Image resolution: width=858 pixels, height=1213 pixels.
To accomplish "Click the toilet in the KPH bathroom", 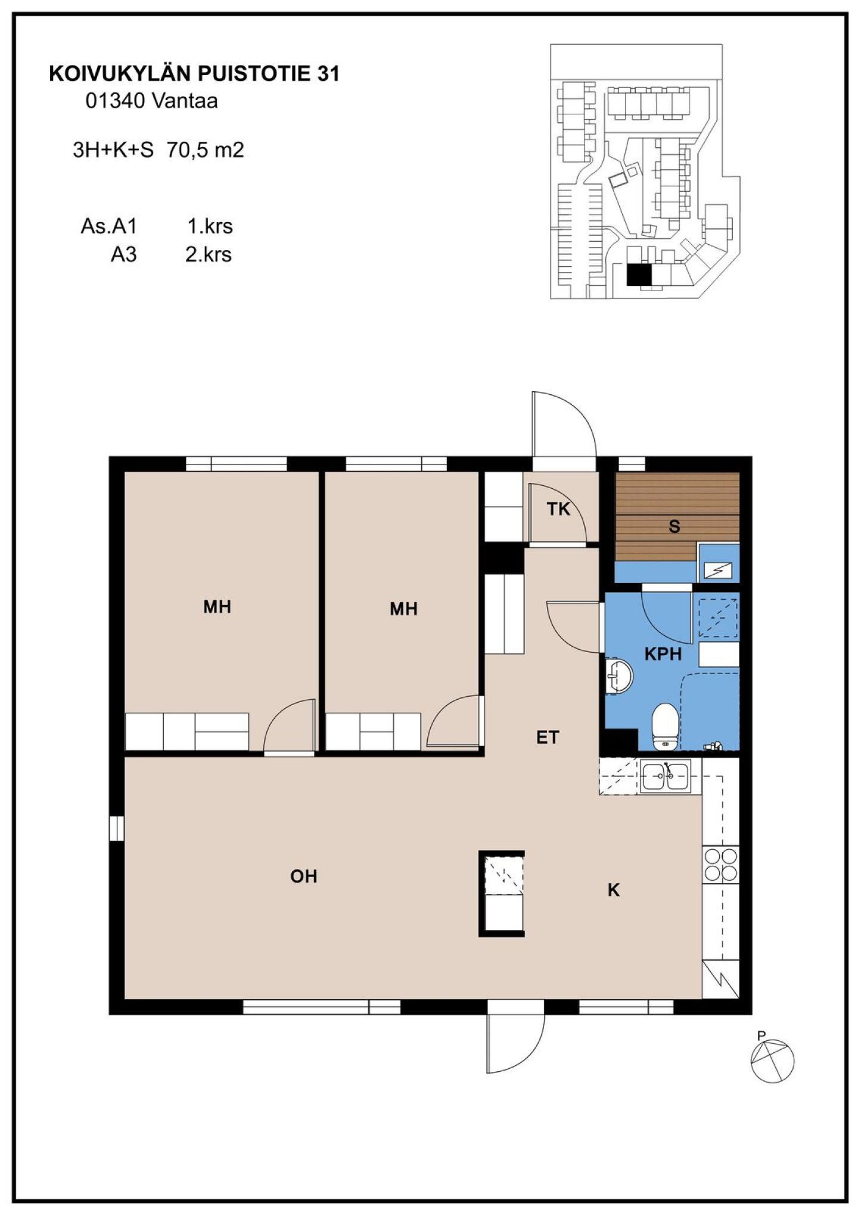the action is point(664,726).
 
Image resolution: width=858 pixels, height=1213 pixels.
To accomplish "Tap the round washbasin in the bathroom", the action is point(618,676).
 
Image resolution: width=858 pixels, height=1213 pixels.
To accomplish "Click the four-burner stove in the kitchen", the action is point(720,865).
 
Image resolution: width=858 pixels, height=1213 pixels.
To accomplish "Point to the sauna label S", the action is point(674,526).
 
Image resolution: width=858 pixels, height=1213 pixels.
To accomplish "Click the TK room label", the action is point(558,509).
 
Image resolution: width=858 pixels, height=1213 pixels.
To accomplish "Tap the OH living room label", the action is point(303,876).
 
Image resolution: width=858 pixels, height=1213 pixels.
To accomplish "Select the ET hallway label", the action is point(548,737).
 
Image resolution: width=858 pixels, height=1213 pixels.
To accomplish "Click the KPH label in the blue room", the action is point(663,654).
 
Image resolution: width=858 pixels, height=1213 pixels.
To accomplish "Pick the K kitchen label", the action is point(614,890).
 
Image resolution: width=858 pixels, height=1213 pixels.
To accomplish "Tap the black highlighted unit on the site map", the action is point(639,275).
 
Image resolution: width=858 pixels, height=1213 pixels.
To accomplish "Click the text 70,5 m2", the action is point(206,149).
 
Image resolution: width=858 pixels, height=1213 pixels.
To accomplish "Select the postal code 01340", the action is point(115,101).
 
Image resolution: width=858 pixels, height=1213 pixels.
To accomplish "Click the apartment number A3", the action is point(124,255).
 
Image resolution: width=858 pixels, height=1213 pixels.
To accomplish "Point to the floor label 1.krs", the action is point(210,226).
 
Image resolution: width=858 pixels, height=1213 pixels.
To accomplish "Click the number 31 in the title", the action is point(328,73).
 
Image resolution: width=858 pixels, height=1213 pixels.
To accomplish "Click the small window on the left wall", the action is point(117,828).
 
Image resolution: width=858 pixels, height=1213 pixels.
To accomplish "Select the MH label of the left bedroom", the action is point(217,607).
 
